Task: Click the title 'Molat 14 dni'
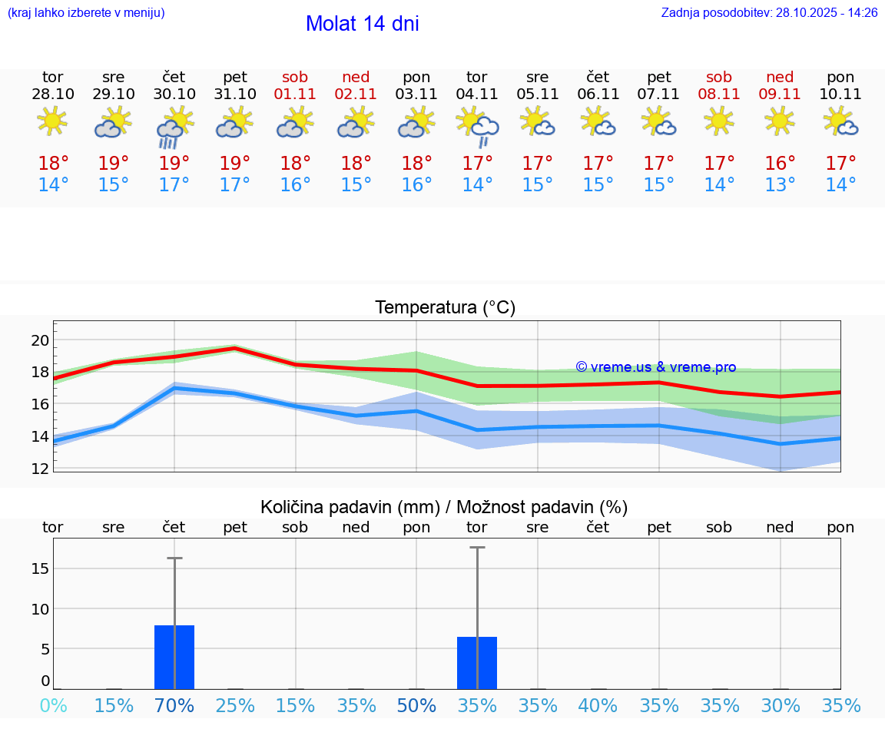[362, 24]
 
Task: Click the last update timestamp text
[769, 13]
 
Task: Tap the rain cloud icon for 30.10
[174, 127]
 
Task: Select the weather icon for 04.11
[477, 127]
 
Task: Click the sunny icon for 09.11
[781, 121]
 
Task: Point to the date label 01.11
[295, 94]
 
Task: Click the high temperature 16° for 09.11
[781, 164]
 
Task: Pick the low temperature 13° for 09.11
[781, 185]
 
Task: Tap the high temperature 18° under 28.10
[53, 164]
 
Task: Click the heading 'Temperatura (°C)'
[445, 308]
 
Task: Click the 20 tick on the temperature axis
[41, 340]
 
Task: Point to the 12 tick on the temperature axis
[41, 468]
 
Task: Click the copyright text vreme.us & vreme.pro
[655, 367]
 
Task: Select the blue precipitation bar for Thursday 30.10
[174, 658]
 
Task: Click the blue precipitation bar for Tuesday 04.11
[477, 663]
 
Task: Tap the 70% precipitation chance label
[174, 706]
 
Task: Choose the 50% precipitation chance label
[416, 706]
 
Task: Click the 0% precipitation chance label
[53, 706]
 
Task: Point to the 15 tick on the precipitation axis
[41, 568]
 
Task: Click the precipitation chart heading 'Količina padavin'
[350, 507]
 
